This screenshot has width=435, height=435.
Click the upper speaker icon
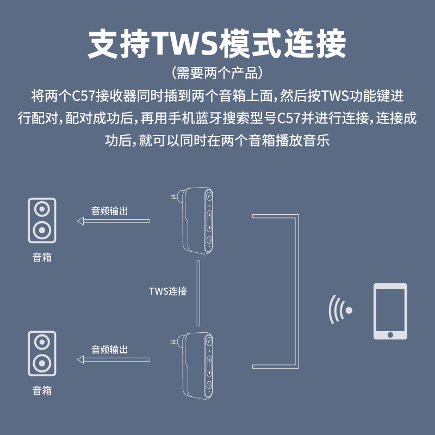[42, 220]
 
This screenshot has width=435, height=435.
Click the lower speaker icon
[42, 353]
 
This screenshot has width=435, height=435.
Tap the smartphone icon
[390, 311]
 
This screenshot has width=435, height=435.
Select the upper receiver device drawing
[194, 221]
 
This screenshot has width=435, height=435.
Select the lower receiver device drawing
[194, 365]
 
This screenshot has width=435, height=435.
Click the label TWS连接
[168, 291]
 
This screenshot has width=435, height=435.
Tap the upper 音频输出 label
[110, 211]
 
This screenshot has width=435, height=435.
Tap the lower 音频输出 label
[110, 350]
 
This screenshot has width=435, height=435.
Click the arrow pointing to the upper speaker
[113, 221]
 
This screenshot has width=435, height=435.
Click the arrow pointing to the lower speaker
[113, 359]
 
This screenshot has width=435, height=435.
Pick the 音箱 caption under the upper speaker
[42, 257]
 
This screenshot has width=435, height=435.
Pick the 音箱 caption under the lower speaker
[42, 390]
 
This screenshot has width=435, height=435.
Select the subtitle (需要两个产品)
[217, 73]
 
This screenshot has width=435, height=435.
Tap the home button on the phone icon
[390, 335]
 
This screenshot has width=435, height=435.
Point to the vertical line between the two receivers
[198, 293]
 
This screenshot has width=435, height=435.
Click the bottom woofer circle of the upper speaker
[42, 230]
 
